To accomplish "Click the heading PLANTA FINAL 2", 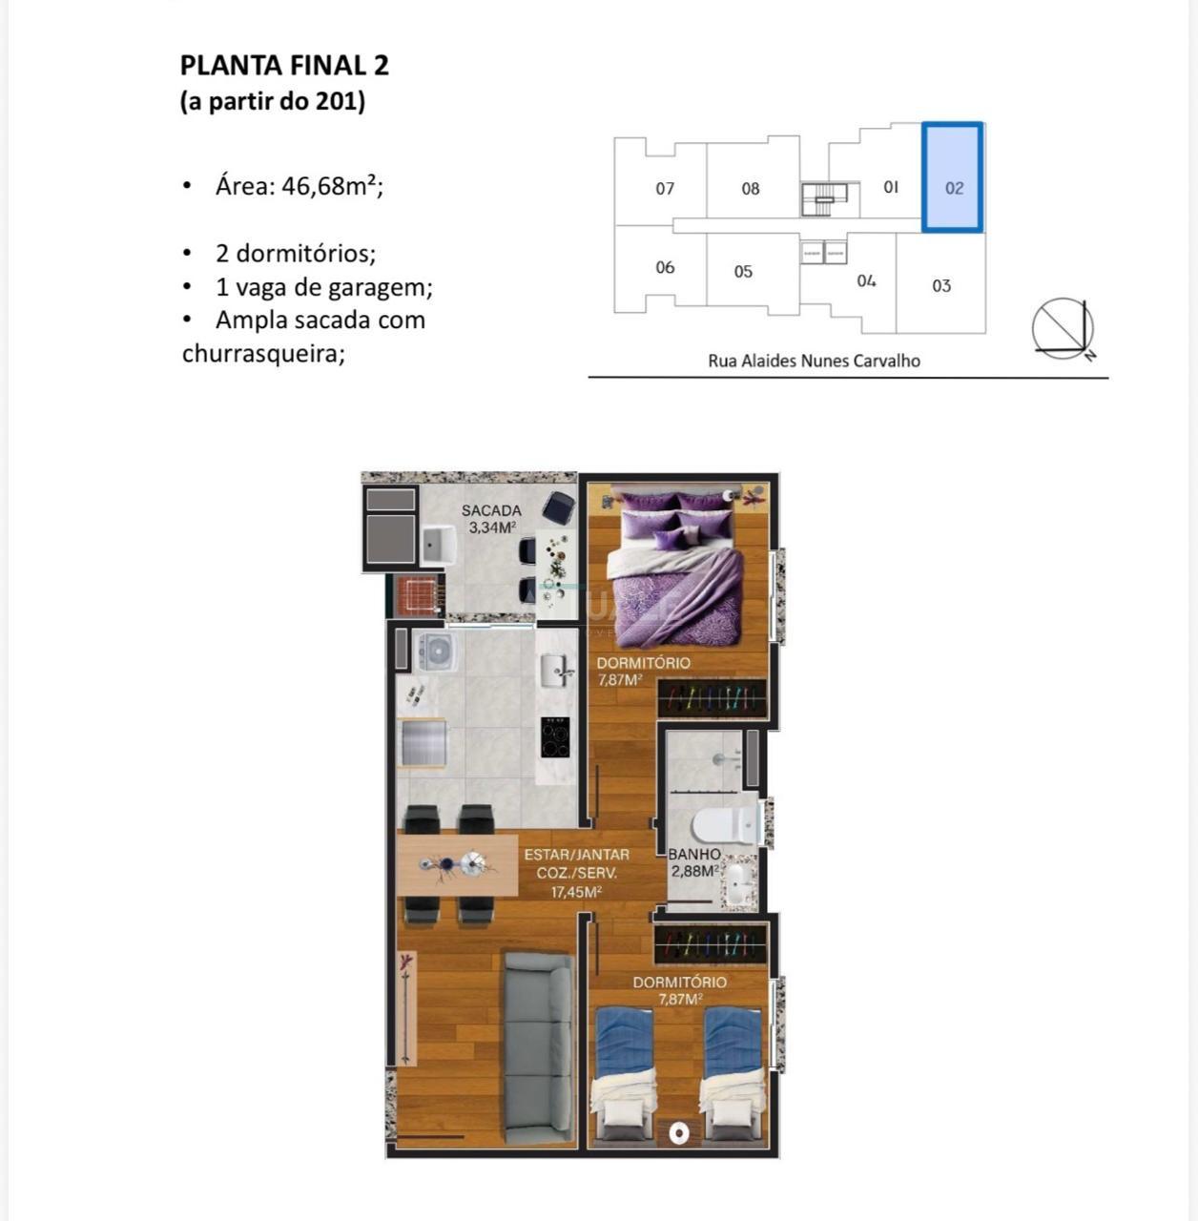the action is [284, 65].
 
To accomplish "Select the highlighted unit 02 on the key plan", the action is [952, 177].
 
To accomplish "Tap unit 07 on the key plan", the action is [664, 188].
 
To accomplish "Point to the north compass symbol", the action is [1064, 329].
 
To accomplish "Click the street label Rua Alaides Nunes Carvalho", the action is [814, 361].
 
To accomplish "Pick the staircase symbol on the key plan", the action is [824, 199].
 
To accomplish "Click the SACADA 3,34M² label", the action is [491, 518].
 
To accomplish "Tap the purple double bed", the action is [675, 569].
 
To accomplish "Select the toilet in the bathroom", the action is [727, 824].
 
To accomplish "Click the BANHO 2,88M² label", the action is [694, 862].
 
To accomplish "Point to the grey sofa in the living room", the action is [539, 1049].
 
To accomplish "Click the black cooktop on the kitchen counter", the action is [555, 737].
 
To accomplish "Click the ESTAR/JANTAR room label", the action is [577, 854].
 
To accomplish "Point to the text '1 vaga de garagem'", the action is [323, 288].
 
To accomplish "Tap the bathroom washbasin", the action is [739, 880].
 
